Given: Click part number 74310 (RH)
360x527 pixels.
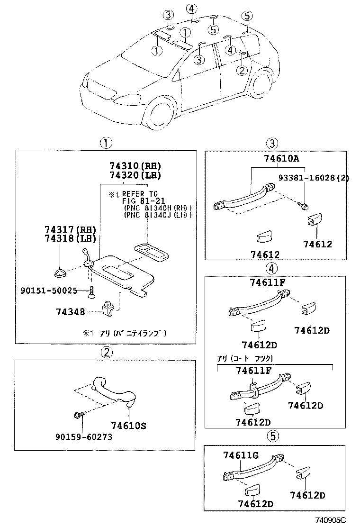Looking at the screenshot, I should pos(135,166).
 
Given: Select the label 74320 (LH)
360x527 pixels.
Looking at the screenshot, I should pos(135,175).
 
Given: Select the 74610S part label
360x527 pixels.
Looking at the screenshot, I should pos(129,425).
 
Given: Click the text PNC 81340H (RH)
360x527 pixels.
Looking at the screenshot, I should pos(157,208).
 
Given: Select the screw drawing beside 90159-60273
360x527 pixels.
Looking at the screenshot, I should pos(79,416).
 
